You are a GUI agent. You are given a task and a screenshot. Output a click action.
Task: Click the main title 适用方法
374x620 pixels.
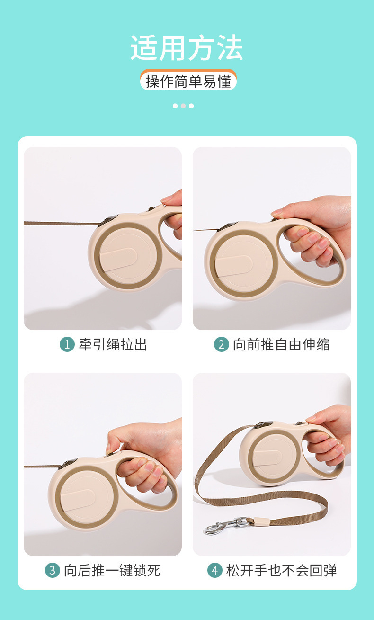pos(187,48)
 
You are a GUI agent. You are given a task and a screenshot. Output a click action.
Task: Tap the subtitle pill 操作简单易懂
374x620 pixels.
pos(188,81)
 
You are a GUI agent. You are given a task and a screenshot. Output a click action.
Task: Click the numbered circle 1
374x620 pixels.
pos(67,344)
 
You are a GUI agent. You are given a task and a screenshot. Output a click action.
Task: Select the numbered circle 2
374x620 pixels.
pos(221,344)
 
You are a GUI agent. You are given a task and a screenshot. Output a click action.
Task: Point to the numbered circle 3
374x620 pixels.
pos(53,570)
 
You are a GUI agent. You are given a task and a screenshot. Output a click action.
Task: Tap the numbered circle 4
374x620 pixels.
pos(215,570)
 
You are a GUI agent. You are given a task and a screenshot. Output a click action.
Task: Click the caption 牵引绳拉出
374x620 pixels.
pos(113,345)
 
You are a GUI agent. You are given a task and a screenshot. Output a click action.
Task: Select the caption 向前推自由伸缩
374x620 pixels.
pos(281,345)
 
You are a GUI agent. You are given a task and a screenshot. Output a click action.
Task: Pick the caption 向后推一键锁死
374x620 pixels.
pos(112,570)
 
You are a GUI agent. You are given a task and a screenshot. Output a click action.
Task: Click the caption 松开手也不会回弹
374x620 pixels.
pos(281,570)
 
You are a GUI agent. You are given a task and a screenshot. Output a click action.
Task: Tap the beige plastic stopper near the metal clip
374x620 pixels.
pos(262,521)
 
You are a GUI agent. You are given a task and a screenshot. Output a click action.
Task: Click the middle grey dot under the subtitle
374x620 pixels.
pos(183,106)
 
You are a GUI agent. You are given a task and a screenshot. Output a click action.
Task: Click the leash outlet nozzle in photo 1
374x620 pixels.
pos(108,221)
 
